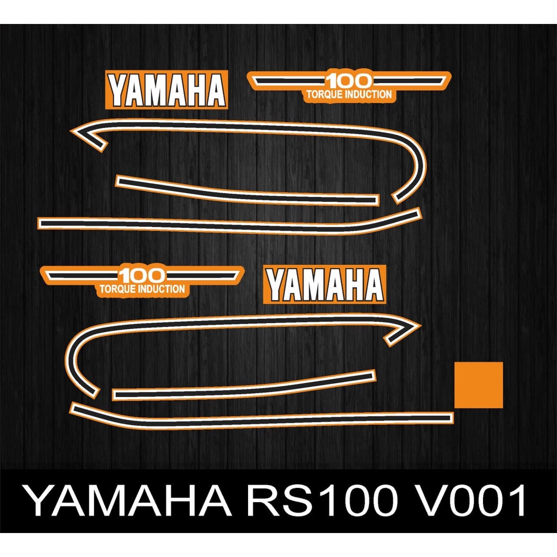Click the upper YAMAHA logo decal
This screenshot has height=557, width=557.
(x=166, y=90)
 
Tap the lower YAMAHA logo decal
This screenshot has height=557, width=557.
(x=325, y=284)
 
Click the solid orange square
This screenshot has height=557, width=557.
(x=479, y=385)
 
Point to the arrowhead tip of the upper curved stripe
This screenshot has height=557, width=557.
(x=71, y=131)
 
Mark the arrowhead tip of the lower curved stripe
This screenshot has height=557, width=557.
(x=421, y=325)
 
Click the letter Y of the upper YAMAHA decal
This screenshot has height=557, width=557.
(x=118, y=90)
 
